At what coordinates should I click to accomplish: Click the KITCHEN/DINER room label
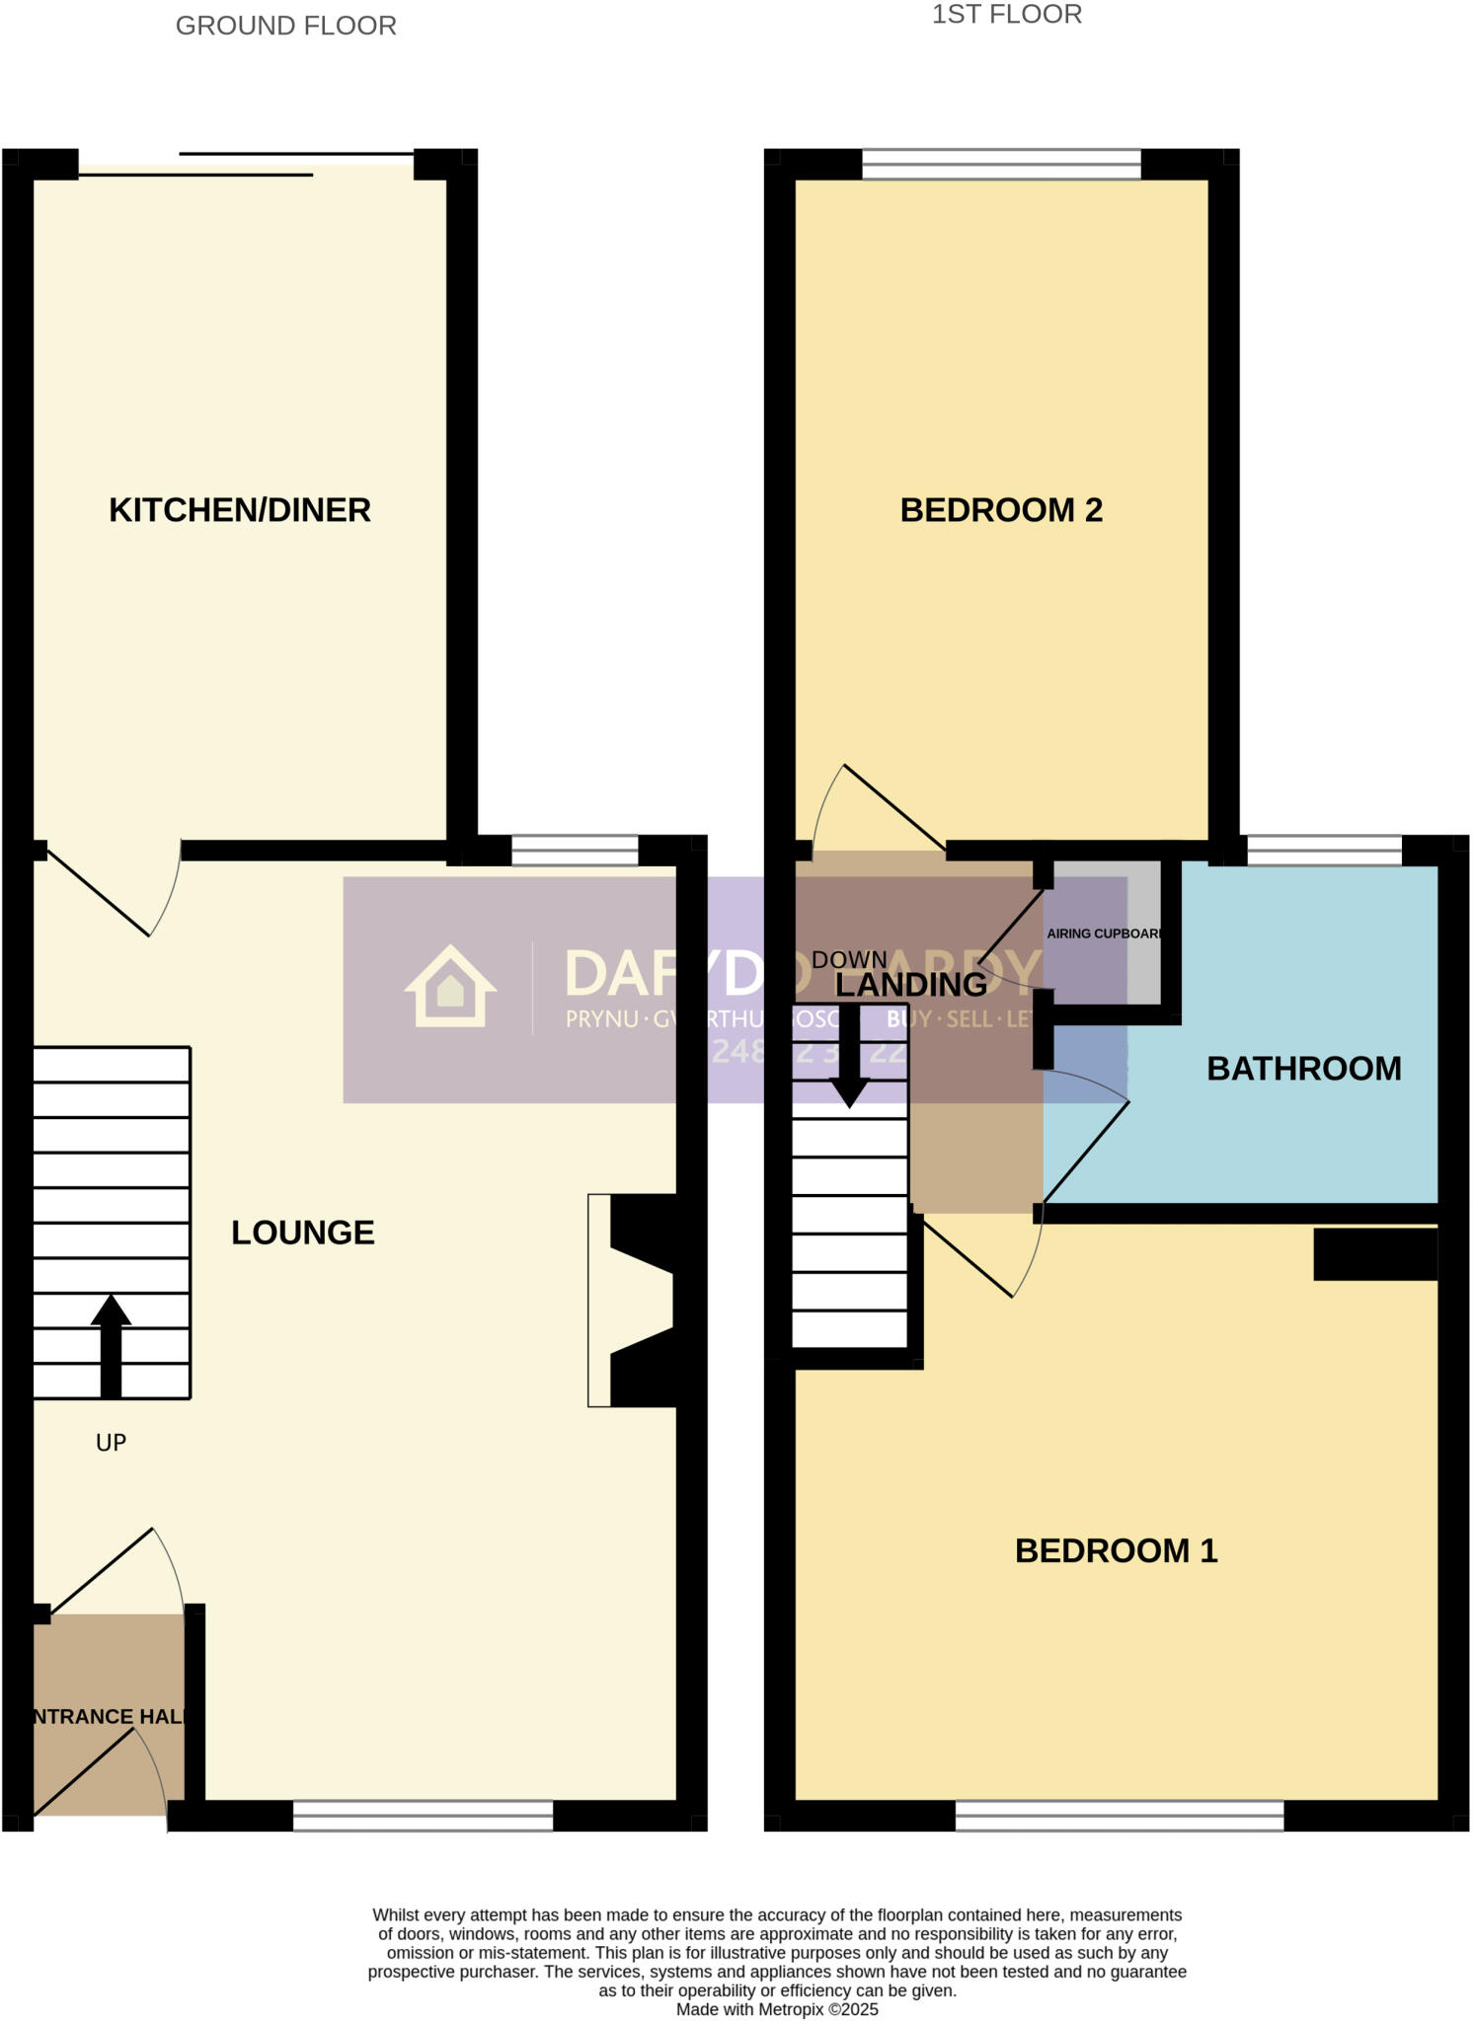tap(239, 510)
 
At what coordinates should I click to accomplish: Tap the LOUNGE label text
tap(302, 1233)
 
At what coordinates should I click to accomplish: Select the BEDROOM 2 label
tap(1000, 510)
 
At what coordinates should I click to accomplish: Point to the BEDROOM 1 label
tap(1116, 1550)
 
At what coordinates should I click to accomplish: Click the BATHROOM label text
tap(1303, 1068)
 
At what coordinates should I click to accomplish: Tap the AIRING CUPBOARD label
tap(1104, 934)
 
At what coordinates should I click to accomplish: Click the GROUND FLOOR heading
tap(285, 26)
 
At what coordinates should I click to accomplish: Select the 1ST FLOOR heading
tap(1006, 15)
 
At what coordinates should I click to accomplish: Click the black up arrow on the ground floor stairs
tap(111, 1344)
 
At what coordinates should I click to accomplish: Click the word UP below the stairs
tap(111, 1443)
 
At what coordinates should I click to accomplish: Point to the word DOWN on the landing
tap(849, 959)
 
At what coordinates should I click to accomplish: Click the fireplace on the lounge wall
tap(637, 1300)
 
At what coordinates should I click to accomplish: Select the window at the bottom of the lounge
tap(423, 1816)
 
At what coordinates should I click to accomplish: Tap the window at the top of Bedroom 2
tap(1000, 164)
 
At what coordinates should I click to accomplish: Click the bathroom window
tap(1323, 850)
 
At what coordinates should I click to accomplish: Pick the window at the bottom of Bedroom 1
tap(1119, 1816)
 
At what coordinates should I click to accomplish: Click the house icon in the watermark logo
tap(450, 987)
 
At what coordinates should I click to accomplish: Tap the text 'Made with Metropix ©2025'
tap(776, 2009)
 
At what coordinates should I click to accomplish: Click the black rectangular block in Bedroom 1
tap(1374, 1253)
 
